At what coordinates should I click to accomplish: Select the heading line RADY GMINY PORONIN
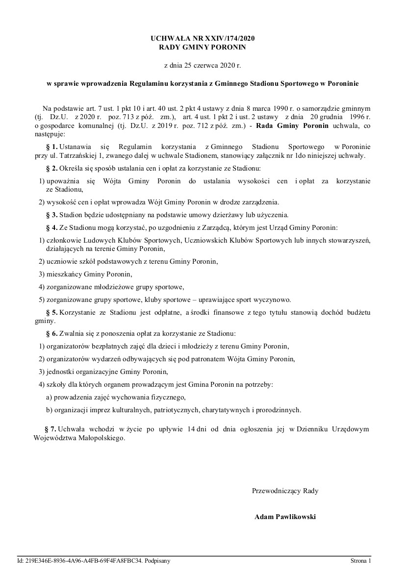click(x=202, y=47)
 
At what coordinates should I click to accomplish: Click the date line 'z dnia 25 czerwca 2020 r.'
click(x=202, y=65)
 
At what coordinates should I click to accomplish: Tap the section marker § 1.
click(x=51, y=147)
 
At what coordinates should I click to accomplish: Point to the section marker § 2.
click(x=51, y=169)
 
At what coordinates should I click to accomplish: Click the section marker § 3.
click(x=51, y=215)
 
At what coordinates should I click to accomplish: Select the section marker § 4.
click(x=51, y=228)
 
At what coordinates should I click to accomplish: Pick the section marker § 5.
click(x=51, y=312)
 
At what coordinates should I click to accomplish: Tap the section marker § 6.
click(x=51, y=334)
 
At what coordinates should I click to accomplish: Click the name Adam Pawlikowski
click(x=285, y=517)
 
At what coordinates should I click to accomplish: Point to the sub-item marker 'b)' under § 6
click(x=49, y=410)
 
